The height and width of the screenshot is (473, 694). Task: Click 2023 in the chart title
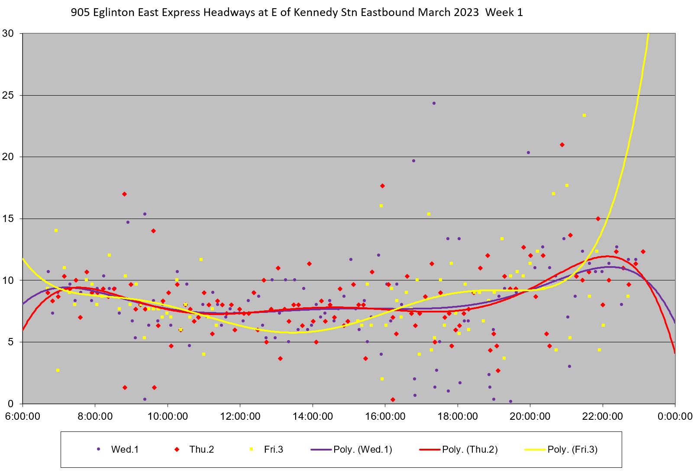(x=467, y=13)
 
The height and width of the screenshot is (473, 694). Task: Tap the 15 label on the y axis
(x=8, y=219)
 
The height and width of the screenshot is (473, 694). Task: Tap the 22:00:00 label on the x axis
(x=603, y=417)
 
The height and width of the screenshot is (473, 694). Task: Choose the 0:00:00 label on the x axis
(x=675, y=417)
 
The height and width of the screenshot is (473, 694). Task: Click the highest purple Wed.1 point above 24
(x=434, y=103)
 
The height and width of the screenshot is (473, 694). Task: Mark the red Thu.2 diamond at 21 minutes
(x=562, y=145)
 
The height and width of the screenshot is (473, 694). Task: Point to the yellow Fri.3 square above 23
(x=584, y=115)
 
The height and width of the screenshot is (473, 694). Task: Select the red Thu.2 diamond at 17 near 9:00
(x=124, y=194)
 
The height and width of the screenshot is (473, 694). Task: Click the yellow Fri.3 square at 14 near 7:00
(x=56, y=231)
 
